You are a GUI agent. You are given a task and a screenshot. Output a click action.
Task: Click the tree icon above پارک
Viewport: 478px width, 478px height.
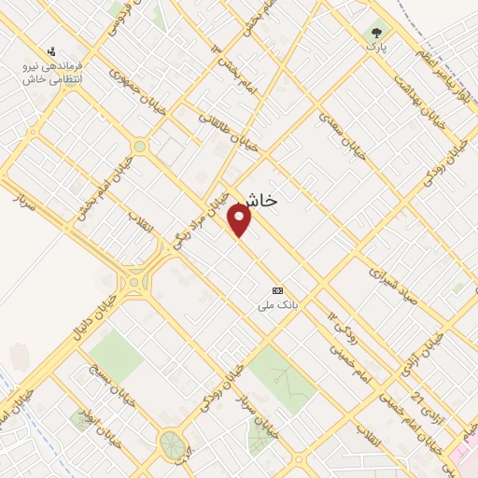tap(376, 29)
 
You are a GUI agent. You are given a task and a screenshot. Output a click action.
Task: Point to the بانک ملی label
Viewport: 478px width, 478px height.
tap(278, 304)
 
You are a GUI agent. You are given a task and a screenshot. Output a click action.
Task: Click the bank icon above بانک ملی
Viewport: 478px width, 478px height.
tap(276, 290)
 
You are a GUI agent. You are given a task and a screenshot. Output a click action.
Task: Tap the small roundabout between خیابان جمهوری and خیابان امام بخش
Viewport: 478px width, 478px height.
tap(140, 147)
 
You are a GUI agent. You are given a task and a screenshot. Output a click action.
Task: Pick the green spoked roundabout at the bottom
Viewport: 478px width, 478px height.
tap(172, 443)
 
